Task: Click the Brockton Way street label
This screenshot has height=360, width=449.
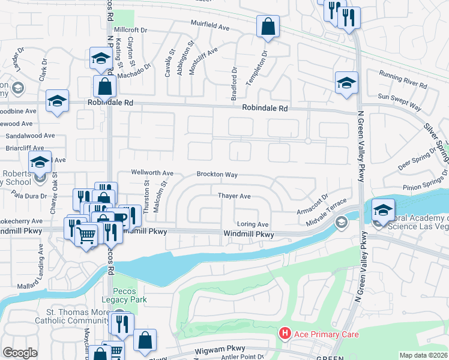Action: (x=217, y=175)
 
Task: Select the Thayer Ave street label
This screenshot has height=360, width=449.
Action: (x=234, y=196)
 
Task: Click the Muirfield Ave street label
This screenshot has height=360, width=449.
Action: (x=210, y=27)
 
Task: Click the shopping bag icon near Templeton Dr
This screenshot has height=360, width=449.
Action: (x=268, y=26)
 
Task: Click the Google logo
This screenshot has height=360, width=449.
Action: (x=20, y=353)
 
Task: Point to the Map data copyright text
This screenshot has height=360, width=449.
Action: (x=423, y=355)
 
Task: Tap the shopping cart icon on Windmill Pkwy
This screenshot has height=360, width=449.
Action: (x=86, y=235)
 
